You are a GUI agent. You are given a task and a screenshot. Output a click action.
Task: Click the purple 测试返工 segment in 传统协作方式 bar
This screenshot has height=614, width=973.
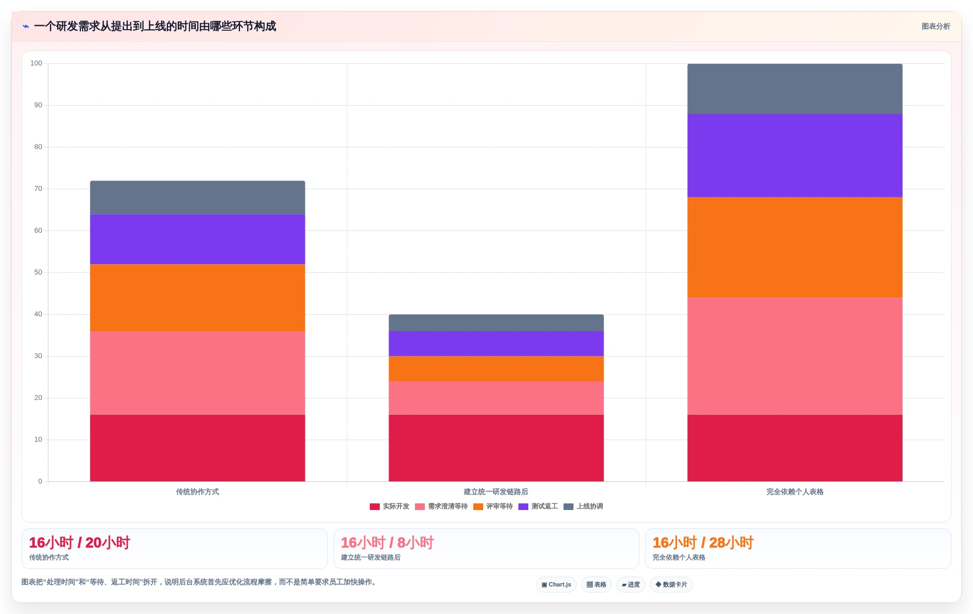click(198, 239)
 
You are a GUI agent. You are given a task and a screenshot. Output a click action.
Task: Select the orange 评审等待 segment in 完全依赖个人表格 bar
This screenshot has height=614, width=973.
click(795, 248)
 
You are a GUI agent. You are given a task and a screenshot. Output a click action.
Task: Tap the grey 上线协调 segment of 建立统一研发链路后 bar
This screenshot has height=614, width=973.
click(496, 323)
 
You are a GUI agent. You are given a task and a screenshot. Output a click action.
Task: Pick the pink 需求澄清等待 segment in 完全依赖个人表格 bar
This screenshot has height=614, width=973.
click(795, 357)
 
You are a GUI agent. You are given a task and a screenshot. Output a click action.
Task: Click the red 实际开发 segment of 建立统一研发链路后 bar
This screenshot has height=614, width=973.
click(496, 448)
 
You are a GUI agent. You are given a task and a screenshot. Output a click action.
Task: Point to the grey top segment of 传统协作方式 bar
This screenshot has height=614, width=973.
click(198, 198)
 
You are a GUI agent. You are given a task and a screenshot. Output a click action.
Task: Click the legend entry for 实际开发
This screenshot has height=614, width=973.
click(390, 507)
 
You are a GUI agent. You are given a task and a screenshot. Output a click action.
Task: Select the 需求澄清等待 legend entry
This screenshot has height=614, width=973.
click(441, 507)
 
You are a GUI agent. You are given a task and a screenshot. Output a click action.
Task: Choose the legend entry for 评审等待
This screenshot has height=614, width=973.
click(493, 507)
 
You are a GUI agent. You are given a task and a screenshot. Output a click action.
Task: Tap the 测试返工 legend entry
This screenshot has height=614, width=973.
click(538, 507)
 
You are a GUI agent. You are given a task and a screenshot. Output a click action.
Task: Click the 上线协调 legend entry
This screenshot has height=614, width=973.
click(583, 507)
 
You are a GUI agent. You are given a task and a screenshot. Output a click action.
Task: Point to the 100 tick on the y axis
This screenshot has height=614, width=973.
click(36, 63)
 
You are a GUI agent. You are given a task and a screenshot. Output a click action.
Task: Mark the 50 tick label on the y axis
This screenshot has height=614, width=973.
click(38, 272)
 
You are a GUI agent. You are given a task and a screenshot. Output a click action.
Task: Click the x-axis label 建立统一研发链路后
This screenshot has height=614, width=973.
click(496, 492)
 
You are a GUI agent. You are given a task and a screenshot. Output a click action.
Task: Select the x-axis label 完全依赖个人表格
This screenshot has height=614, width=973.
click(795, 492)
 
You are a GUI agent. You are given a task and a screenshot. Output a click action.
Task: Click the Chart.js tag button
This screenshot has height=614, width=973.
click(556, 585)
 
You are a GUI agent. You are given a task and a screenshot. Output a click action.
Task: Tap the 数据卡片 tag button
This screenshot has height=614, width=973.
click(671, 585)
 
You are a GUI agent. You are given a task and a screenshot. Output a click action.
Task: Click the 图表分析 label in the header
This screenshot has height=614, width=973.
click(936, 26)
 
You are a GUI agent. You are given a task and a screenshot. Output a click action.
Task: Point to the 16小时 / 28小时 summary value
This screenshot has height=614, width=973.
click(703, 543)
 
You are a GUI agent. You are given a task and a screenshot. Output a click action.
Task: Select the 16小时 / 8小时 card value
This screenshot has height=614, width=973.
click(387, 543)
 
